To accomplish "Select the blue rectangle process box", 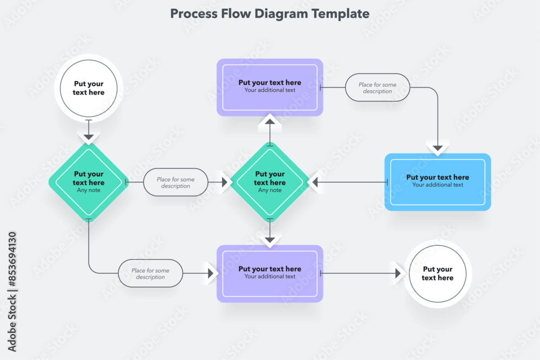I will pyautogui.click(x=437, y=182).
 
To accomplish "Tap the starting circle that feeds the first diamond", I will pyautogui.click(x=89, y=88).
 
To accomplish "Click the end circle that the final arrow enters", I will pyautogui.click(x=437, y=274).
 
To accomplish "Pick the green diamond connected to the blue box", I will pyautogui.click(x=270, y=182).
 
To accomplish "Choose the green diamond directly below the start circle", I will pyautogui.click(x=89, y=182).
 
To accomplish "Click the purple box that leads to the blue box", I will pyautogui.click(x=270, y=87).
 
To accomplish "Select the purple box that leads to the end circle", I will pyautogui.click(x=270, y=273).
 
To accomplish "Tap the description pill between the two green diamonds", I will pyautogui.click(x=175, y=182).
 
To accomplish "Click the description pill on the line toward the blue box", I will pyautogui.click(x=377, y=87).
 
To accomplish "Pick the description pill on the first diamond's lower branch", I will pyautogui.click(x=150, y=274).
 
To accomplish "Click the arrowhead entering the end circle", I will pyautogui.click(x=398, y=274).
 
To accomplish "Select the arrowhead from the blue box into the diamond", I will pyautogui.click(x=315, y=182).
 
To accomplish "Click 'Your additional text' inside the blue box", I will pyautogui.click(x=437, y=185).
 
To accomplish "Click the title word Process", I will pyautogui.click(x=193, y=13).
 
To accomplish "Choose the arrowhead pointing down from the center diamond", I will pyautogui.click(x=270, y=239).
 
